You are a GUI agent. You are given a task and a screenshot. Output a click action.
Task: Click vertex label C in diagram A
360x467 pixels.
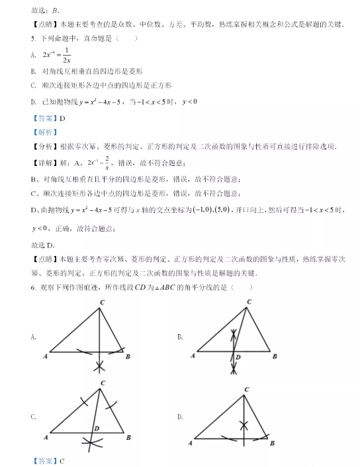(101, 303)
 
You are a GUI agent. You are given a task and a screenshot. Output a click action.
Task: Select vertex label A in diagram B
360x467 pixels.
(193, 357)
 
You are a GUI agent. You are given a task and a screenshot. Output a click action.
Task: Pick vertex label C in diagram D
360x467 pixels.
(246, 390)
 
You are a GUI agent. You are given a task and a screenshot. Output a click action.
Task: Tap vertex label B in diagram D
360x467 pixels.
(273, 441)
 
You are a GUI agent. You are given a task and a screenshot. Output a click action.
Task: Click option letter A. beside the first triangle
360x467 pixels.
(33, 337)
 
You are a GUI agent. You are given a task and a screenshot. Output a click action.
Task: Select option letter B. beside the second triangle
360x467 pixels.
(180, 337)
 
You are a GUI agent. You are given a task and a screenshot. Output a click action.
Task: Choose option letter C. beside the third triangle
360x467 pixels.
(33, 416)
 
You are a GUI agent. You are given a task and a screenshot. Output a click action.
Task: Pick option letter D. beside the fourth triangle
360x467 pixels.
(180, 416)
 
